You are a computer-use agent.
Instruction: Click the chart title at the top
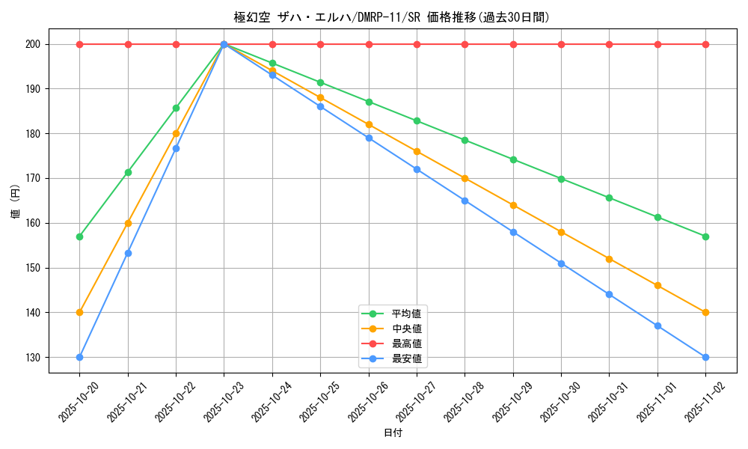391,17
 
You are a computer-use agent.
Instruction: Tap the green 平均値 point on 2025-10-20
79,236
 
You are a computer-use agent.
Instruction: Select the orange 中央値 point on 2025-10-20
79,312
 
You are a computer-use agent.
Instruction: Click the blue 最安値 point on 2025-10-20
79,357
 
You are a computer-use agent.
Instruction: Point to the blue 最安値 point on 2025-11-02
705,357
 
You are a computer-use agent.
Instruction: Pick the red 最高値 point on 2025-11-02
705,44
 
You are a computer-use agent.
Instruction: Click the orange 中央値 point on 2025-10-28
465,178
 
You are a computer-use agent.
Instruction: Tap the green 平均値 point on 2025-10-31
609,198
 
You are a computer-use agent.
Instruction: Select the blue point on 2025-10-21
128,253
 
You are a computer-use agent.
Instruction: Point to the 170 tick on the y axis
32,178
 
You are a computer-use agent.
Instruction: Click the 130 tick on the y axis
32,357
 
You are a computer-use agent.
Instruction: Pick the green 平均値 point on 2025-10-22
176,108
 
